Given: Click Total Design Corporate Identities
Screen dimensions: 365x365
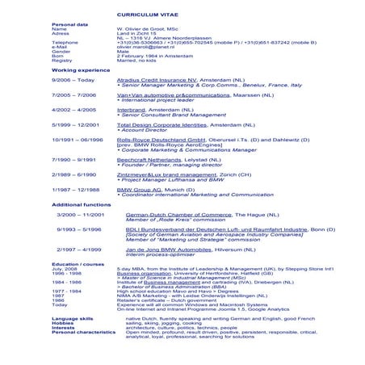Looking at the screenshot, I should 163,124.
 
